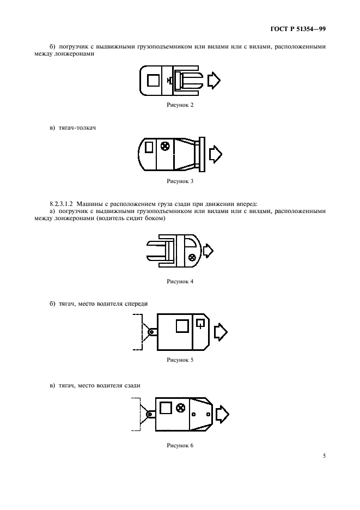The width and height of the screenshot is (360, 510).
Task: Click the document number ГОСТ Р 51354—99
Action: click(x=298, y=29)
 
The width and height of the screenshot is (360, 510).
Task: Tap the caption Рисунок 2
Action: click(x=180, y=105)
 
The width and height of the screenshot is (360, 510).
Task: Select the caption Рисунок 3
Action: click(x=180, y=181)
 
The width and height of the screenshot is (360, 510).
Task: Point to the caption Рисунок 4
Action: click(x=180, y=281)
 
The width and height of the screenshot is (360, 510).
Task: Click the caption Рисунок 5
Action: click(x=180, y=360)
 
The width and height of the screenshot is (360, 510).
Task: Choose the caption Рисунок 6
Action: click(x=180, y=446)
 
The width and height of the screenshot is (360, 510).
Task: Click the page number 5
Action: click(x=324, y=456)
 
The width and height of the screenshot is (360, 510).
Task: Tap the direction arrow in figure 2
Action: click(x=213, y=80)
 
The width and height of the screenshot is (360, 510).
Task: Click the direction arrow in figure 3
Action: click(x=215, y=154)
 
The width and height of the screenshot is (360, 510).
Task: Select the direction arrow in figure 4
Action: click(x=208, y=251)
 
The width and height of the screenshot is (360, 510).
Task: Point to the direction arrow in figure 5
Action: click(x=221, y=332)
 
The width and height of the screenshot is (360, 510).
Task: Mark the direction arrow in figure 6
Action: click(x=222, y=414)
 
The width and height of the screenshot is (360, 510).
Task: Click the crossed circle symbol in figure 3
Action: click(x=166, y=146)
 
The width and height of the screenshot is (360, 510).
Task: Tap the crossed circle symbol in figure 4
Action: click(x=192, y=257)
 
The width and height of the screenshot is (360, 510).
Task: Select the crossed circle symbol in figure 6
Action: click(x=180, y=408)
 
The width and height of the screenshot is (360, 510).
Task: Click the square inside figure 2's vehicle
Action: click(x=153, y=80)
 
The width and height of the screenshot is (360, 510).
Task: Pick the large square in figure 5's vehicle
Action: click(x=182, y=326)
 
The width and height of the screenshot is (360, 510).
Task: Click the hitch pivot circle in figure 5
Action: click(x=151, y=332)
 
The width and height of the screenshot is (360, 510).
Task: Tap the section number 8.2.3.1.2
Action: click(x=62, y=204)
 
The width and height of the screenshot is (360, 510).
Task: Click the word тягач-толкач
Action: click(x=77, y=128)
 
